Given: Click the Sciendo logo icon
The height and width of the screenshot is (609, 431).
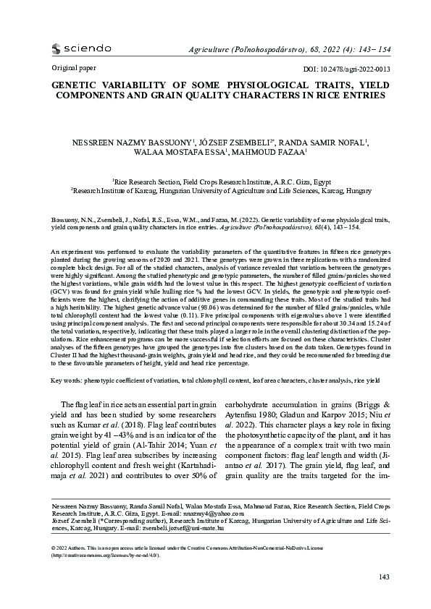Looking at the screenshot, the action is coord(57,49).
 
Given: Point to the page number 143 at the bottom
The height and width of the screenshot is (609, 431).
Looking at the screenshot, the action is coord(385,576).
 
